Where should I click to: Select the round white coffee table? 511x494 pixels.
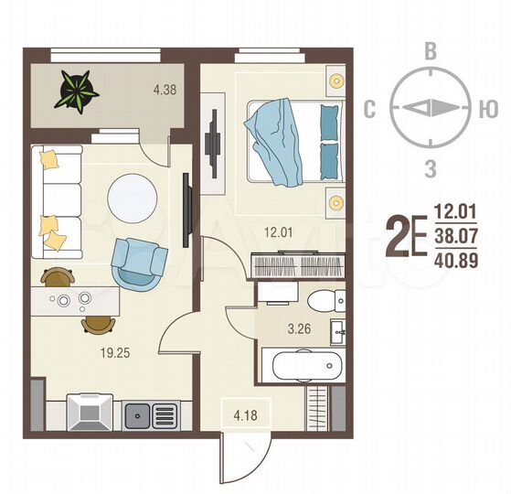(134, 196)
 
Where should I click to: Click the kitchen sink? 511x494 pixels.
(140, 414)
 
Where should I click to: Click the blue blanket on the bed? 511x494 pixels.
(279, 142)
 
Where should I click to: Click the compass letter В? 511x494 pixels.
(430, 51)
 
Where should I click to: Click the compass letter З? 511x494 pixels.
(430, 167)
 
